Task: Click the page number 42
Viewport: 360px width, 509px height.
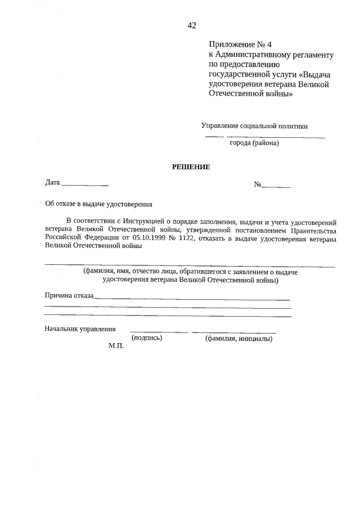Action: [x=191, y=25]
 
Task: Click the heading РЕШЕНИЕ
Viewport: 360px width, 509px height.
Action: [x=191, y=167]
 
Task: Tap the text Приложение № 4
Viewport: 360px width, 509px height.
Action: [x=236, y=44]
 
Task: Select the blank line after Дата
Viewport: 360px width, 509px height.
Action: [x=84, y=185]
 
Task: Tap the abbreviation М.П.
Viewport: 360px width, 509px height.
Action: [x=116, y=347]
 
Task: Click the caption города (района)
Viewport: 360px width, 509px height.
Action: [x=254, y=143]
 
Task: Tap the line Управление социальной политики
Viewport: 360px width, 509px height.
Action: [x=254, y=126]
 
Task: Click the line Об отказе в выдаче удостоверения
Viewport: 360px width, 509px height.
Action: [x=99, y=204]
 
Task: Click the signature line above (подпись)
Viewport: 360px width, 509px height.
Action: [x=159, y=333]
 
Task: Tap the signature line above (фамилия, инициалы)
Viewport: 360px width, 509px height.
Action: [x=233, y=333]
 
